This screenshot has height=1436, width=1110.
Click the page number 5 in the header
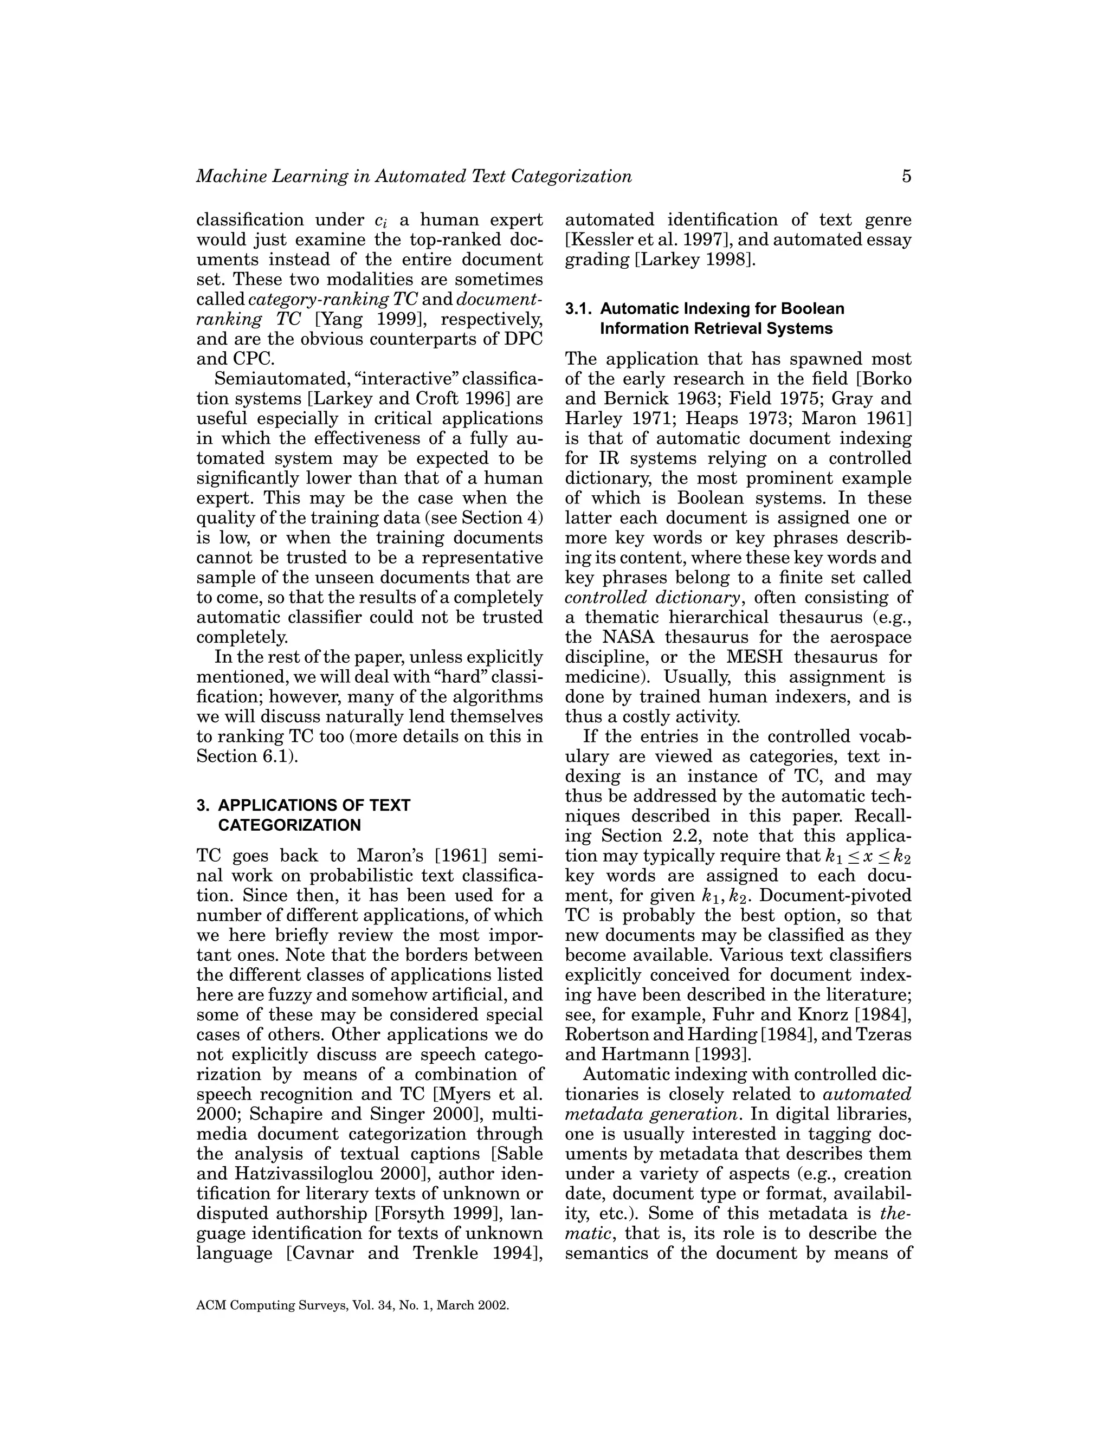pyautogui.click(x=906, y=176)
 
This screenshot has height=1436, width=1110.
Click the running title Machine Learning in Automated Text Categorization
pyautogui.click(x=414, y=176)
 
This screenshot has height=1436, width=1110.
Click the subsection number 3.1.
pyautogui.click(x=579, y=308)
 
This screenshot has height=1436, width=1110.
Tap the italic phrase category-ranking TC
pyautogui.click(x=333, y=299)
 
